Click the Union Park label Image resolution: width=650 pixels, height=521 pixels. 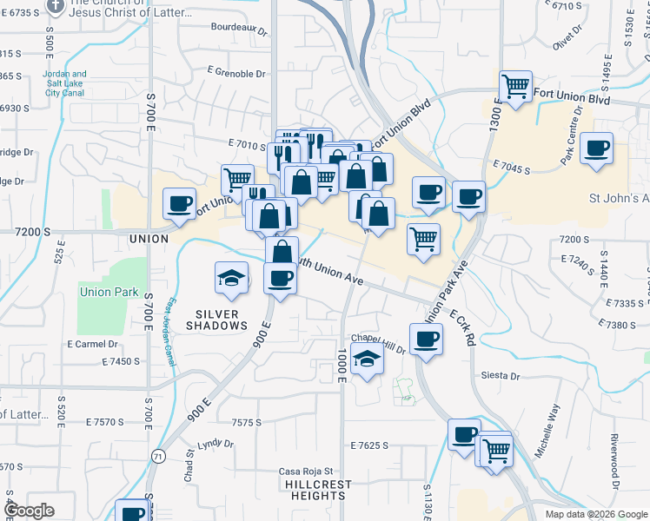[x=108, y=292]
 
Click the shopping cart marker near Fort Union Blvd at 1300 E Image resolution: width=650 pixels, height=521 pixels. [x=515, y=87]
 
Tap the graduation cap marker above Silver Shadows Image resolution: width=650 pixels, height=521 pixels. [x=232, y=277]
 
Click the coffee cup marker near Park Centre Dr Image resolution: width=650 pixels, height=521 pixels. [x=597, y=148]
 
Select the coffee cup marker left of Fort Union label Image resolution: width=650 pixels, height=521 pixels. [x=180, y=204]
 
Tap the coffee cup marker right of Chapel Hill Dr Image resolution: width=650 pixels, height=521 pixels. [x=426, y=339]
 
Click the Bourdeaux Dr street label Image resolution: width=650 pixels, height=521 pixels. [x=238, y=29]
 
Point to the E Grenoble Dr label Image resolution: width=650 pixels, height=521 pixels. [x=236, y=74]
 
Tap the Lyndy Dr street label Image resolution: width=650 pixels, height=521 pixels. [x=216, y=445]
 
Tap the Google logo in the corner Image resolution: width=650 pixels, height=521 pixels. [x=29, y=511]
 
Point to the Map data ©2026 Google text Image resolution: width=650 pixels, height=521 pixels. [x=596, y=514]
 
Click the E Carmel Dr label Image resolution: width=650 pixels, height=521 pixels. [x=91, y=344]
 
